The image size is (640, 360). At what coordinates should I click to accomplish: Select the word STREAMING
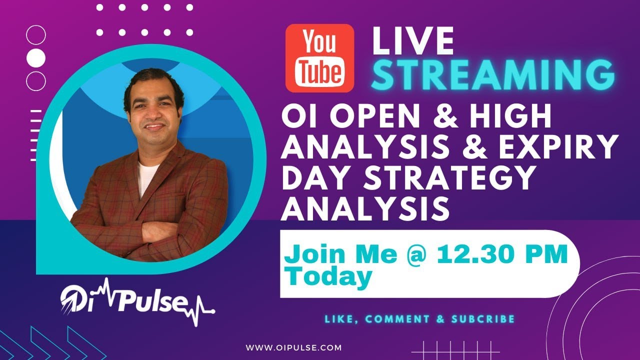tap(493, 74)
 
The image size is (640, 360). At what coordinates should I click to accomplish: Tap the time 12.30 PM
tap(502, 254)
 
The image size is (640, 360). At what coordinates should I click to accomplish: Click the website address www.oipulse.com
tap(294, 347)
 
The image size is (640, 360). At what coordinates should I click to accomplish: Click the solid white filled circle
tap(35, 58)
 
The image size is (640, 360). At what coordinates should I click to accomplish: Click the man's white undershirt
tap(147, 177)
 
